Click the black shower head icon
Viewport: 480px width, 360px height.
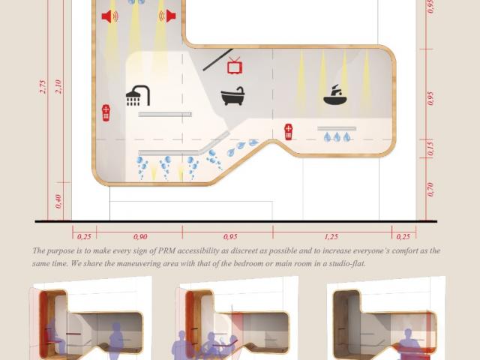pyautogui.click(x=138, y=95)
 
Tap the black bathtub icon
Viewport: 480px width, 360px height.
pyautogui.click(x=233, y=96)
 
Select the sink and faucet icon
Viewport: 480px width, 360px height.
pyautogui.click(x=335, y=95)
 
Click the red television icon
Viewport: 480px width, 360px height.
pyautogui.click(x=235, y=65)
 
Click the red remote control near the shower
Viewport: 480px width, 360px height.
pyautogui.click(x=106, y=113)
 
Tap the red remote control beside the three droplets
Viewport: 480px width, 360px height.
pyautogui.click(x=288, y=132)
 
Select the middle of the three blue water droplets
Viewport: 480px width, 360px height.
pyautogui.click(x=337, y=136)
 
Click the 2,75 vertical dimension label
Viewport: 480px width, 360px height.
pyautogui.click(x=43, y=87)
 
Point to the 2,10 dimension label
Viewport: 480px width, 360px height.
pyautogui.click(x=58, y=87)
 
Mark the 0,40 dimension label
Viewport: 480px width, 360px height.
pyautogui.click(x=58, y=202)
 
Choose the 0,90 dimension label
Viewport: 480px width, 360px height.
pyautogui.click(x=140, y=237)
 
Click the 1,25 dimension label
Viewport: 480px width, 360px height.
pyautogui.click(x=331, y=237)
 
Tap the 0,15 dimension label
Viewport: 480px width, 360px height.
pyautogui.click(x=430, y=148)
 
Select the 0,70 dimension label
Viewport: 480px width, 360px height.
pyautogui.click(x=430, y=190)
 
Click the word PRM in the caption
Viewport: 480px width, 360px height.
pyautogui.click(x=166, y=250)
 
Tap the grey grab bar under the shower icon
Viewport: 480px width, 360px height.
pyautogui.click(x=165, y=115)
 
